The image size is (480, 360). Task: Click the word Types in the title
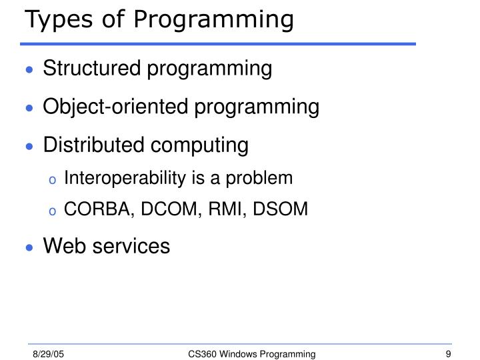click(x=55, y=20)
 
